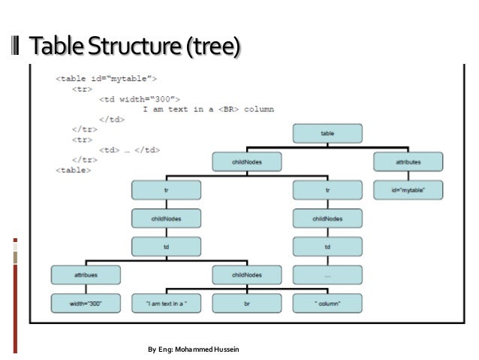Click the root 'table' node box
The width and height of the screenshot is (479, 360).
327,133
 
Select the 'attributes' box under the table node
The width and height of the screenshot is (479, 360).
408,161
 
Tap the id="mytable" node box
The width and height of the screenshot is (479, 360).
408,190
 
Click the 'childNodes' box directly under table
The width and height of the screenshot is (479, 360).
246,161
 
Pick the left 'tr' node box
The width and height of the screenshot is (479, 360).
166,190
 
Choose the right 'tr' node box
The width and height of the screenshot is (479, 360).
327,190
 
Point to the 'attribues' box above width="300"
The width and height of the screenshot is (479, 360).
86,275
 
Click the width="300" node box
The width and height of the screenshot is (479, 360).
86,303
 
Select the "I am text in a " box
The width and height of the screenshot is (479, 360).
166,303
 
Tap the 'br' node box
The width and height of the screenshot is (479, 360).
246,303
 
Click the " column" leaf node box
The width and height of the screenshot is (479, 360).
327,303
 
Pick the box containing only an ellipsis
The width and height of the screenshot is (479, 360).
327,275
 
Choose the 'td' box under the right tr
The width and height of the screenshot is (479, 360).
327,247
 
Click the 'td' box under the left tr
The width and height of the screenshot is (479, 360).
166,247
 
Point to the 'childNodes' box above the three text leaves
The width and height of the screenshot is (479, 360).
246,275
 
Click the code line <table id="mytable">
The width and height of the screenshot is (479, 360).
105,78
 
